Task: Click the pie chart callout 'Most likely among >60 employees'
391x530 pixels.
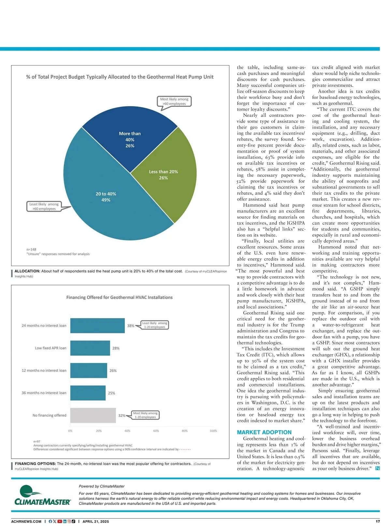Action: click(174, 101)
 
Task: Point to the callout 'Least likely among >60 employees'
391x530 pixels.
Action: click(44, 206)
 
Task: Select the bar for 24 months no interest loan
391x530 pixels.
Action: click(97, 326)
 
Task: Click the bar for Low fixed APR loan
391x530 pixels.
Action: click(90, 348)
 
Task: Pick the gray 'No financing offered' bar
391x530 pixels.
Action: click(93, 415)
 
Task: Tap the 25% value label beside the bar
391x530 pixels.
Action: click(111, 393)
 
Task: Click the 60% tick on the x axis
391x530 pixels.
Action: click(156, 431)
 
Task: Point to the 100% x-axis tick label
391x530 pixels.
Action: click(213, 431)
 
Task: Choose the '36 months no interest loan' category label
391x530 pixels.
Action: click(44, 393)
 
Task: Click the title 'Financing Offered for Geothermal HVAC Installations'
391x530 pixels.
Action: click(119, 297)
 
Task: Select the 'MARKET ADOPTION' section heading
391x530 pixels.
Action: click(264, 432)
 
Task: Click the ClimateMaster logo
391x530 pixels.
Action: click(42, 495)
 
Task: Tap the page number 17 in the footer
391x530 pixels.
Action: click(378, 521)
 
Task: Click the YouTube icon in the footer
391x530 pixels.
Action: click(60, 521)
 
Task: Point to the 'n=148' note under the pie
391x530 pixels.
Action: click(32, 249)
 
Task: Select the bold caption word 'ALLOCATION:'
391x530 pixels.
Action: click(27, 271)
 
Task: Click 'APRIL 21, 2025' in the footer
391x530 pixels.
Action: click(96, 521)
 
